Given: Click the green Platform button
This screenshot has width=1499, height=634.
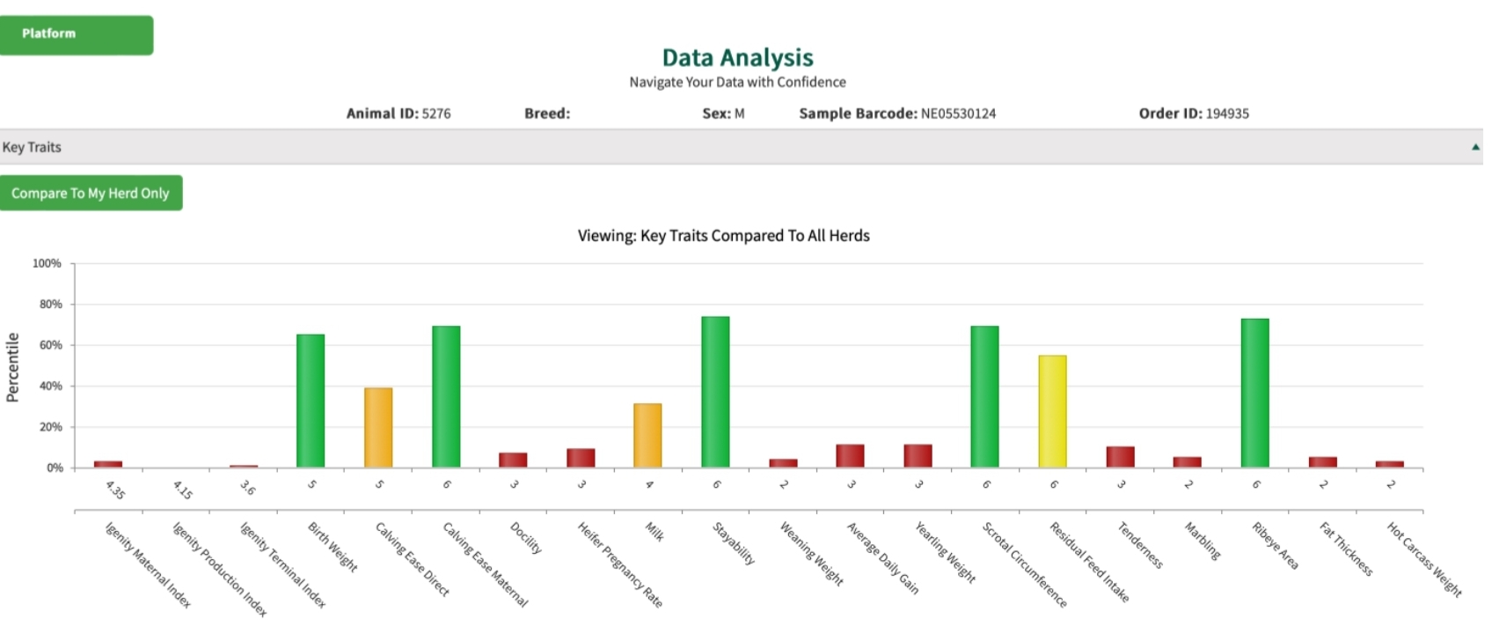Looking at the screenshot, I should coord(76,34).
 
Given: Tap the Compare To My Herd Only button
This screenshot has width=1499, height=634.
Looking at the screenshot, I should coord(91,193).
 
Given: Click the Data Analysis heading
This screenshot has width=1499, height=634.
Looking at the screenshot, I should coord(737,58).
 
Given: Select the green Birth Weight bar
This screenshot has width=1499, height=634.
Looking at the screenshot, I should coord(311,401).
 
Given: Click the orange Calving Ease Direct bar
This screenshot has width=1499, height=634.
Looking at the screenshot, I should coord(378,427).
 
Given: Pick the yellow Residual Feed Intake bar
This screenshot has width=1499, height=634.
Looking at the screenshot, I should coord(1052,411).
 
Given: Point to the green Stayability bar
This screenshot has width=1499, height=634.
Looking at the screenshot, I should coord(715,392).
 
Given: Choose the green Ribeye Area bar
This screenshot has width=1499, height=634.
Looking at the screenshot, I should coord(1254,393).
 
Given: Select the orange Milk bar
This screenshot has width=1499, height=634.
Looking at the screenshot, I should coord(647,435).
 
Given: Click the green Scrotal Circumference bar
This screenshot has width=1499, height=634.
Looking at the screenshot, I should coord(984,396).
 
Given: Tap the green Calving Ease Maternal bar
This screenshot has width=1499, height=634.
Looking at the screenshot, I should coord(446,396).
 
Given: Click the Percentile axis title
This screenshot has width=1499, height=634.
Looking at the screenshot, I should coord(12,367).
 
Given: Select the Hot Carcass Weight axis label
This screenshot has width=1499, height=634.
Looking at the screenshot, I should coord(1424,559).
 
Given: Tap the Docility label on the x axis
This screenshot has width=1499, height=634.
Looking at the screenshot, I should coord(526,537).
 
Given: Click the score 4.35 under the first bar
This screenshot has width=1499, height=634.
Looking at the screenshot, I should coord(115,490).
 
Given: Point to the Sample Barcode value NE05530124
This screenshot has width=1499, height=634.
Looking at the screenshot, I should coord(958,114).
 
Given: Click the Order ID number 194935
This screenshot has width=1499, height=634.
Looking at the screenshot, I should coord(1227,114).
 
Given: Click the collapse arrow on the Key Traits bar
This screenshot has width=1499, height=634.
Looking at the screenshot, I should coord(1475,147).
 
